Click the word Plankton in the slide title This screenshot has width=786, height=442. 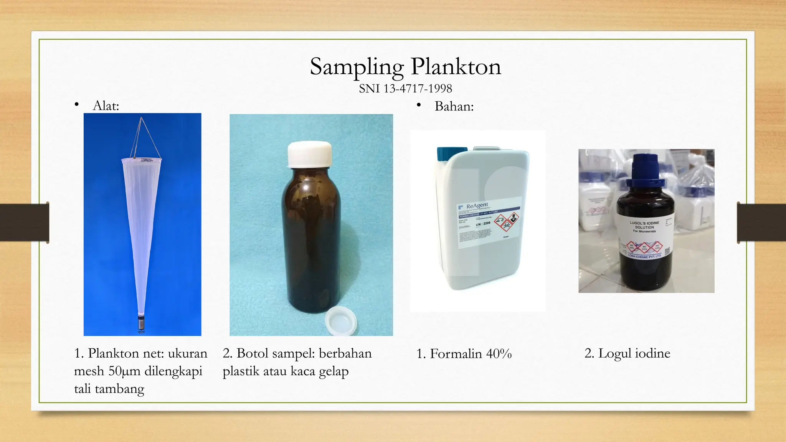(456, 67)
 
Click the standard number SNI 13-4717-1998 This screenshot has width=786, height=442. (405, 89)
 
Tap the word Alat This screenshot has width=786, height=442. (106, 106)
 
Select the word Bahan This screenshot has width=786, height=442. (454, 106)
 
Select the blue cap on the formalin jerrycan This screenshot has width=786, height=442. (452, 153)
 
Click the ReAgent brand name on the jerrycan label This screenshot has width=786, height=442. (477, 206)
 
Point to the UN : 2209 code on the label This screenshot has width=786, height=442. (483, 224)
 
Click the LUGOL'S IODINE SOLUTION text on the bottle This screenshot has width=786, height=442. (644, 225)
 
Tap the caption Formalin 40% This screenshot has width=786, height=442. (464, 354)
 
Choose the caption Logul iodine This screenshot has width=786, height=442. (627, 353)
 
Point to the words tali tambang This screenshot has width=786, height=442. (109, 389)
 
